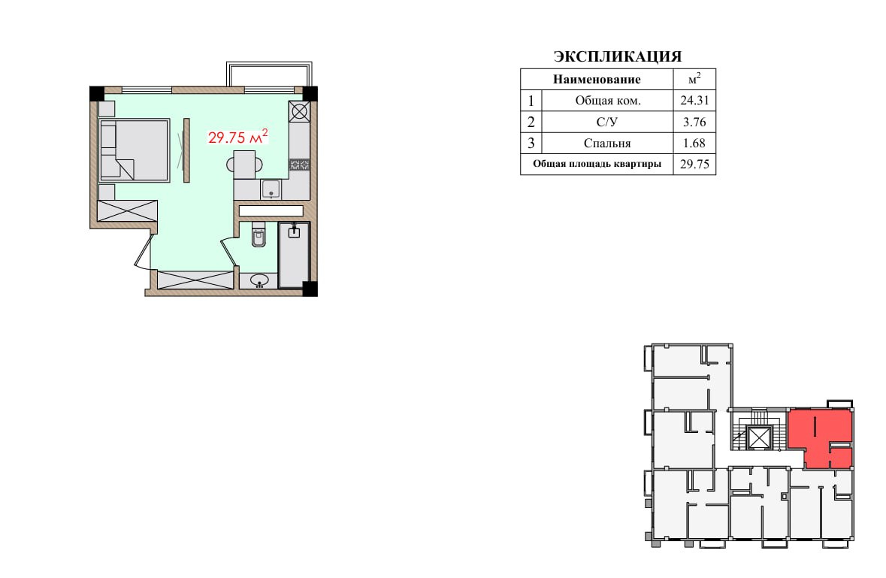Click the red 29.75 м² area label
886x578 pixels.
tap(238, 137)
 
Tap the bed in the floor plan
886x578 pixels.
tap(135, 150)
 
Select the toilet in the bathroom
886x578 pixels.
tap(259, 235)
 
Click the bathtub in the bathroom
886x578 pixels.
tap(294, 255)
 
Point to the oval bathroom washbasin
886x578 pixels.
tap(259, 280)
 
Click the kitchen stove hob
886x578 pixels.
tap(299, 111)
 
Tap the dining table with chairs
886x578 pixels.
tap(245, 165)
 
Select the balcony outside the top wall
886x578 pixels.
tap(270, 74)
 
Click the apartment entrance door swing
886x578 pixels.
tap(144, 251)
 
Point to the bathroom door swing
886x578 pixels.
tap(229, 250)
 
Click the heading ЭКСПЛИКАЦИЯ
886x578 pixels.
tap(618, 56)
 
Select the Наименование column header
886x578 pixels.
tap(597, 80)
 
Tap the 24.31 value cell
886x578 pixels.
tap(694, 101)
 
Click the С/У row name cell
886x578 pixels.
tap(607, 122)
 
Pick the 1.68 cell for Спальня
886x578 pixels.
tap(694, 143)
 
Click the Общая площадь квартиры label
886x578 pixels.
tap(597, 165)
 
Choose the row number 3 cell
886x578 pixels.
tap(531, 143)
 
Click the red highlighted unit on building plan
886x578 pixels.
tap(820, 438)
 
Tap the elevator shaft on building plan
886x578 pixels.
tap(759, 437)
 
